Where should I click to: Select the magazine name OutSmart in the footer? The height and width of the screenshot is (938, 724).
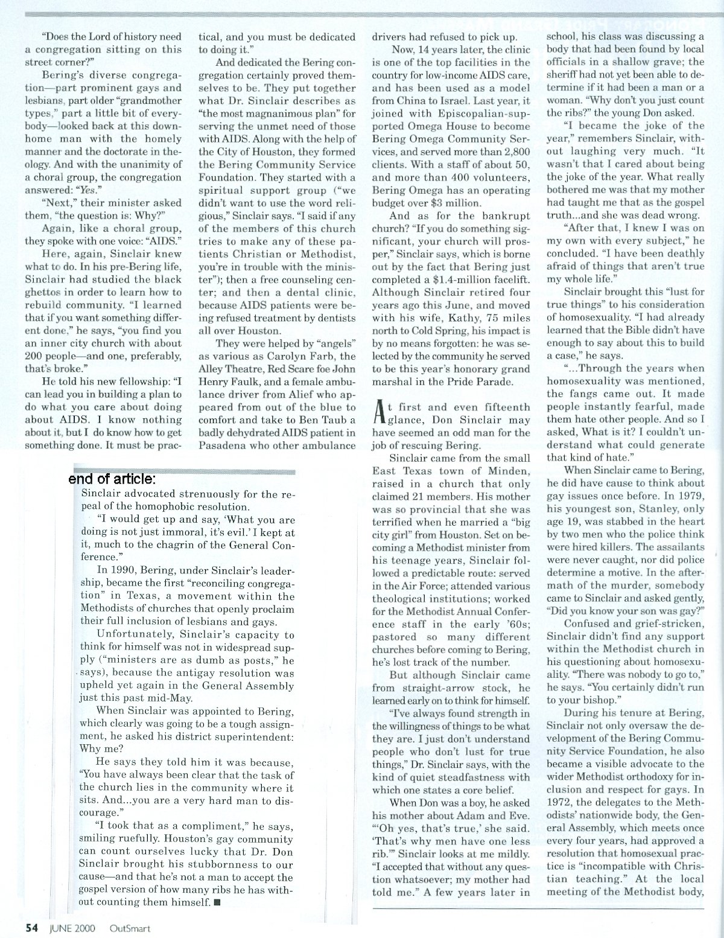[x=130, y=928]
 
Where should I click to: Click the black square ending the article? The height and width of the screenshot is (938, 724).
[x=217, y=904]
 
